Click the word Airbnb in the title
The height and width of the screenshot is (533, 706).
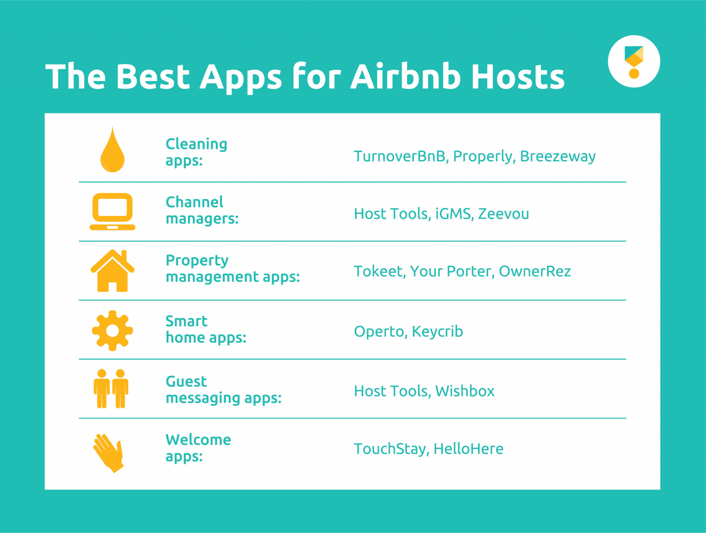[405, 77]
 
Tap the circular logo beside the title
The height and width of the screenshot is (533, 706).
[634, 61]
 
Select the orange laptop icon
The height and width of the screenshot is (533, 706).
[112, 211]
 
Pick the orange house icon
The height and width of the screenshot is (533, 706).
[112, 271]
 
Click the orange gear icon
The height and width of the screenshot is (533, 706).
[112, 330]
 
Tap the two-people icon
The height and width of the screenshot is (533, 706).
[111, 389]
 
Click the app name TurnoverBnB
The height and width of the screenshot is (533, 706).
[400, 156]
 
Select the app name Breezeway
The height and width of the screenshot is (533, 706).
[557, 156]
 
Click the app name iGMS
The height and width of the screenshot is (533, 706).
[453, 214]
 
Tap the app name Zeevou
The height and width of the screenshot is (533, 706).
[503, 214]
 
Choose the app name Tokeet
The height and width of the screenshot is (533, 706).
[378, 272]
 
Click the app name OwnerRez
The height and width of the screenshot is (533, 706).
[535, 272]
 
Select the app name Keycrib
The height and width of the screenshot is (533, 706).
[437, 332]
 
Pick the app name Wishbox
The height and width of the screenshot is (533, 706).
[465, 391]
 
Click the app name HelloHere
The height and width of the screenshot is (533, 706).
[468, 449]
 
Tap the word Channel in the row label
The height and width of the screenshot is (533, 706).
[194, 202]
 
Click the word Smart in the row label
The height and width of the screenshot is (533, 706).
[186, 321]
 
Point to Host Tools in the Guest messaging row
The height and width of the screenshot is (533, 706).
[391, 391]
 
